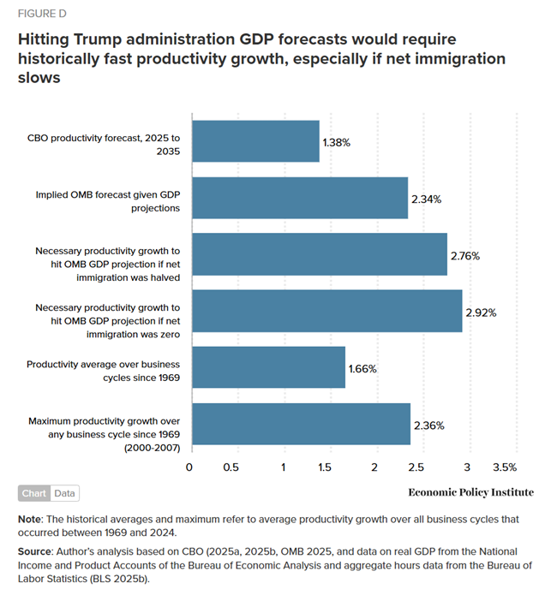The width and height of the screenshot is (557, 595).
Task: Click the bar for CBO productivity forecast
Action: pos(255,141)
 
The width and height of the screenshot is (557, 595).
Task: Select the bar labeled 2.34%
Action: pos(299,198)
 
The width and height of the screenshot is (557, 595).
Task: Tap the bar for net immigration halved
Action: pos(319,254)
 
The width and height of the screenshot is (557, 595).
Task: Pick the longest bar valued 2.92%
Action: pos(326,311)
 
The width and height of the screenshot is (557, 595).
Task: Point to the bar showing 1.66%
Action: pos(268,368)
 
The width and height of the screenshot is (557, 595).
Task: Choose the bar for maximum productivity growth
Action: pos(301,425)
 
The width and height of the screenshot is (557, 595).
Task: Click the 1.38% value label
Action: pos(338,143)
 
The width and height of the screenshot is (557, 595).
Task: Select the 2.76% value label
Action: pos(465,256)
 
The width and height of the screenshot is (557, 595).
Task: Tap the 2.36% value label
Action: pos(428,425)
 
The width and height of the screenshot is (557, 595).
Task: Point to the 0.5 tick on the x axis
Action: pos(231,467)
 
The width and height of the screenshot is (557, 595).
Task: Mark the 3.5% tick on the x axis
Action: pos(505,467)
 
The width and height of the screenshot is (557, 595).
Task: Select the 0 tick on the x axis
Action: pos(189,467)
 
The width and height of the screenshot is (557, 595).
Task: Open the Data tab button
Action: pos(64,493)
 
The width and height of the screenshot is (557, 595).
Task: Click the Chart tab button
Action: pos(33,493)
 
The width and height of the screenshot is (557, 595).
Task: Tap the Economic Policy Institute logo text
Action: pos(470,492)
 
